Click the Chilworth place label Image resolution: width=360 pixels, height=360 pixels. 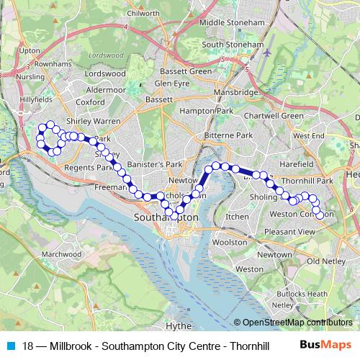pyautogui.click(x=143, y=13)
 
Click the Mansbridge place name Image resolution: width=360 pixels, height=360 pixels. pyautogui.click(x=235, y=94)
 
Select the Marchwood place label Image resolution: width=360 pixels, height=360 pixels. pyautogui.click(x=61, y=254)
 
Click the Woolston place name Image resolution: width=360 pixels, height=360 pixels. pyautogui.click(x=231, y=243)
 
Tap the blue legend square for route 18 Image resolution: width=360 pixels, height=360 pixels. pyautogui.click(x=11, y=346)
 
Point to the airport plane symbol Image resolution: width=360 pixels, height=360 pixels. pyautogui.click(x=268, y=53)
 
